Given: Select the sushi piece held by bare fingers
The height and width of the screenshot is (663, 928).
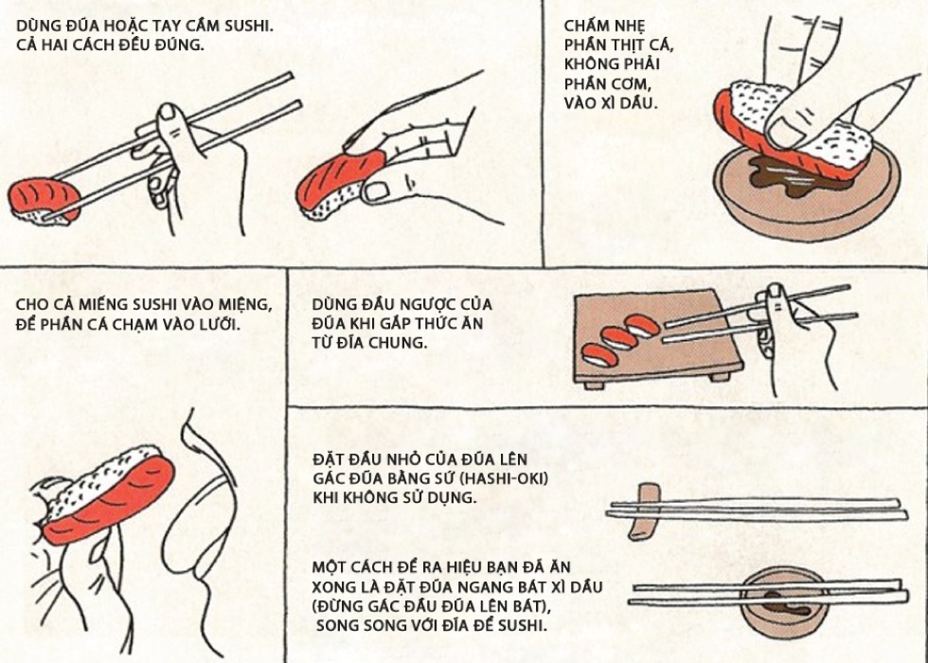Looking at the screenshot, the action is pyautogui.click(x=337, y=186).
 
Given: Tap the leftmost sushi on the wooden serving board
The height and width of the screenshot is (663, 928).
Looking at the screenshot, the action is pyautogui.click(x=599, y=354).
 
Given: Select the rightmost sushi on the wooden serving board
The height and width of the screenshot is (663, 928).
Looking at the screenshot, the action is pyautogui.click(x=642, y=325).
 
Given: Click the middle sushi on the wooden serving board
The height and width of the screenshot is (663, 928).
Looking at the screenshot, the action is pyautogui.click(x=619, y=338).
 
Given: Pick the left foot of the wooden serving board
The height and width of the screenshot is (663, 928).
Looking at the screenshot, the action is pyautogui.click(x=595, y=385).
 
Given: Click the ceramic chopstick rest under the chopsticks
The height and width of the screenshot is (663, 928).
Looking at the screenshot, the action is pyautogui.click(x=645, y=511).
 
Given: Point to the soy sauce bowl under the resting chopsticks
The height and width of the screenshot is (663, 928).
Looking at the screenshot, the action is pyautogui.click(x=784, y=602).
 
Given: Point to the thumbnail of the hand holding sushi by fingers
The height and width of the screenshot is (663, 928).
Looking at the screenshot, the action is pyautogui.click(x=375, y=190).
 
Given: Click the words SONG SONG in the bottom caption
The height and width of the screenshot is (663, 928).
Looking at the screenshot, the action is pyautogui.click(x=356, y=625).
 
